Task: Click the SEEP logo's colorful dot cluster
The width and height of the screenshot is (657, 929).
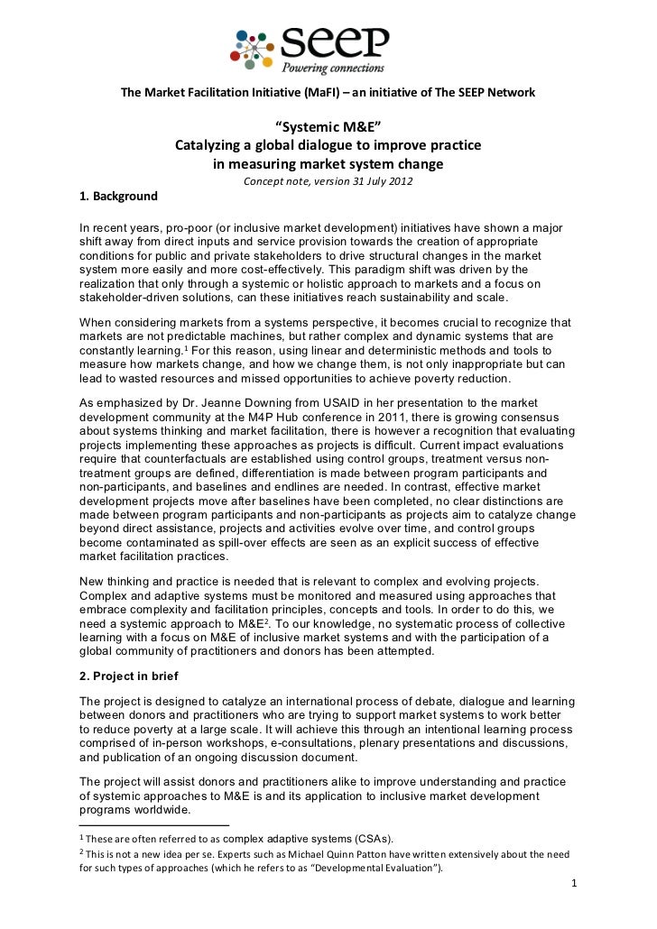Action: click(255, 43)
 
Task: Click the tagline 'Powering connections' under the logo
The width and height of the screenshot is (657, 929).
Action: click(334, 68)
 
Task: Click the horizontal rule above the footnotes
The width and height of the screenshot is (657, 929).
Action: click(154, 824)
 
